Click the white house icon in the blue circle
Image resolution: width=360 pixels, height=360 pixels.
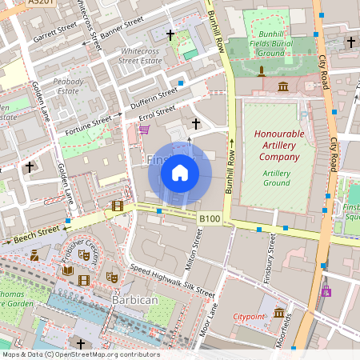pos(180,173)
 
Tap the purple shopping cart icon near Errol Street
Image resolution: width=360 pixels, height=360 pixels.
pos(144,129)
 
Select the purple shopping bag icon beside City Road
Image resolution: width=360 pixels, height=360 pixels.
pos(326,291)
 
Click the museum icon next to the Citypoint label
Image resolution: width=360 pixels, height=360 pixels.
pos(279,313)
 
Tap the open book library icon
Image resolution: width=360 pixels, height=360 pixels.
pos(67,270)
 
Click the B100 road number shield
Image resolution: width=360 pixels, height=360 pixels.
pos(210,218)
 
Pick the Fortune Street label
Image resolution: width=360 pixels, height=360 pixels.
pos(89,122)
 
